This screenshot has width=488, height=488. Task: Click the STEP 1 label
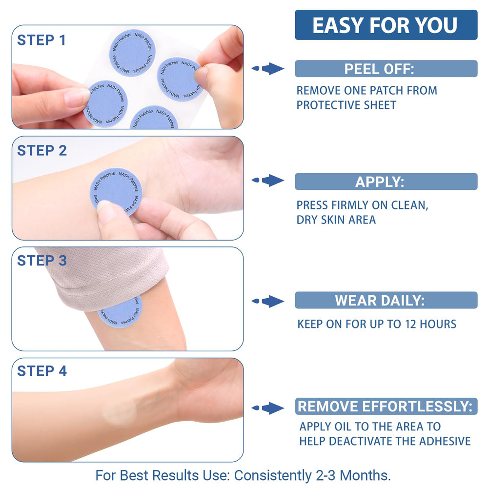(41, 40)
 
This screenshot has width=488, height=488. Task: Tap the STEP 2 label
(42, 151)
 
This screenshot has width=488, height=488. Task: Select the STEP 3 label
(42, 261)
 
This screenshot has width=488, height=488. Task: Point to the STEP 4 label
(42, 371)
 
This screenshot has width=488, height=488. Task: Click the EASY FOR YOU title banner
(386, 25)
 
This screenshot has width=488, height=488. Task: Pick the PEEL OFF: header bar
(386, 69)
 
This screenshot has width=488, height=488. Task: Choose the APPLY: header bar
(386, 182)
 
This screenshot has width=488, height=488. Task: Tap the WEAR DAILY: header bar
(386, 300)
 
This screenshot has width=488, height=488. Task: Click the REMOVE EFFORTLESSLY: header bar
(386, 406)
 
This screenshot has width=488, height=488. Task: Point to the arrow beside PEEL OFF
(268, 69)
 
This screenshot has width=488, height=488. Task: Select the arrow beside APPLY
(268, 181)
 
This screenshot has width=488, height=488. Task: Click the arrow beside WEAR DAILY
(268, 301)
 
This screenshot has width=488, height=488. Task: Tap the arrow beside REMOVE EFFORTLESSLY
(268, 408)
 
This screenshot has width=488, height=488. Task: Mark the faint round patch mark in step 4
(120, 413)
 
